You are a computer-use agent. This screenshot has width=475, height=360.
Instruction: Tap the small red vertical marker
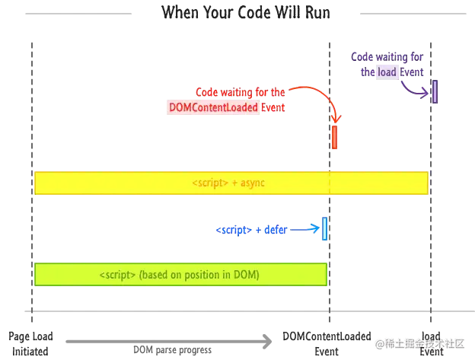click(x=334, y=138)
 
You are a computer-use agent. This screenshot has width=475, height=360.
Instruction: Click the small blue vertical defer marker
click(x=325, y=228)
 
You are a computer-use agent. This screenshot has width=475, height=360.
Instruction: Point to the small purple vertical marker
click(x=435, y=91)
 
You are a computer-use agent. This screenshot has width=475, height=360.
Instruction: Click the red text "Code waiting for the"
click(x=240, y=92)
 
